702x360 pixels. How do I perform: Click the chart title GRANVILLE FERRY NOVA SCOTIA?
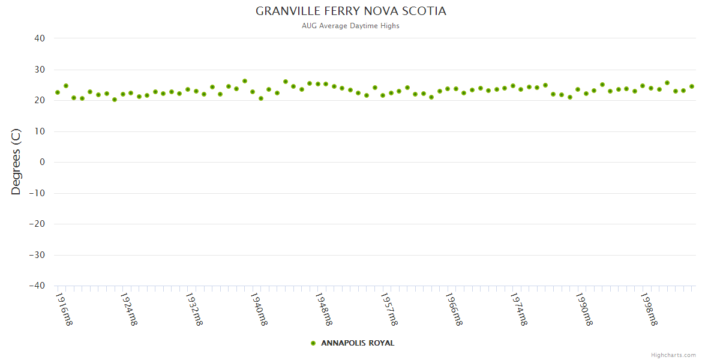[351, 11]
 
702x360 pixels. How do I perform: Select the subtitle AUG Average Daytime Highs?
[351, 26]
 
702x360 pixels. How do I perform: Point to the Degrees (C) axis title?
[16, 161]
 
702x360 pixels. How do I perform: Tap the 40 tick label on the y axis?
[40, 38]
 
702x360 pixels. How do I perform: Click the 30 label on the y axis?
[40, 70]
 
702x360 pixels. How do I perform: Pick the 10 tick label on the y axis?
[40, 131]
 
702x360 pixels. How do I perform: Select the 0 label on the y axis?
[43, 162]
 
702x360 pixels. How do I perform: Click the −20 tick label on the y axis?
[37, 224]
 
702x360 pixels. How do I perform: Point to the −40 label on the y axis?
[37, 286]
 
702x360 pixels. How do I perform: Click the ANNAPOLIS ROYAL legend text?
[358, 343]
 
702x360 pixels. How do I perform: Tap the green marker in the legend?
[313, 343]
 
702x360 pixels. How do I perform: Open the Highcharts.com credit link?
[673, 355]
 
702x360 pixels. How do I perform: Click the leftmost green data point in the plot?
[58, 92]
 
